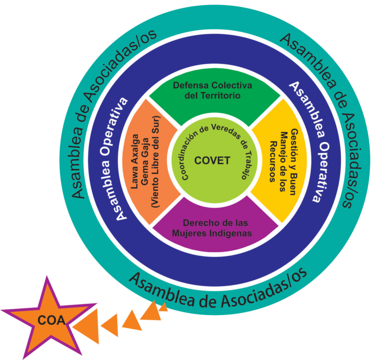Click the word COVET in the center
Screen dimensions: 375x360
click(x=212, y=160)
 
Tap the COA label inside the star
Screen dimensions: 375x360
click(x=51, y=320)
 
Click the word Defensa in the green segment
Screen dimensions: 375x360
click(x=191, y=85)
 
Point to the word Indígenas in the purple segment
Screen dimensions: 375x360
click(x=231, y=233)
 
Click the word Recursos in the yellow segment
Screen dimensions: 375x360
click(x=273, y=161)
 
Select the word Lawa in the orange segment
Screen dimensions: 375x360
click(x=135, y=178)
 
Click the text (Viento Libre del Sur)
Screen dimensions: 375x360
click(x=155, y=162)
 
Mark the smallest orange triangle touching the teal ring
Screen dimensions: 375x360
click(x=164, y=307)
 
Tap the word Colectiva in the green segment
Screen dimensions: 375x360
click(x=231, y=85)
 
